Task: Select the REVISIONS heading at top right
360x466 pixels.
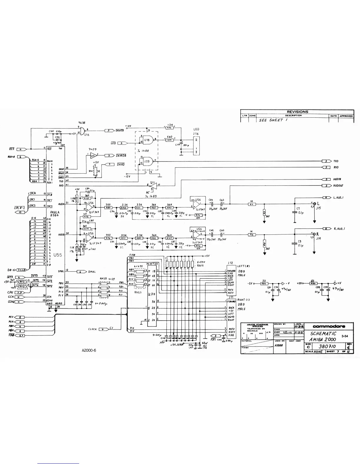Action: point(297,112)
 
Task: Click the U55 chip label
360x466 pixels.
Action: point(58,255)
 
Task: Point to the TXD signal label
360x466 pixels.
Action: point(336,161)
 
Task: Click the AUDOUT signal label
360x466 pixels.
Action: point(338,186)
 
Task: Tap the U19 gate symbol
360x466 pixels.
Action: point(147,161)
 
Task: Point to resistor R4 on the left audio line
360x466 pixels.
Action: point(251,204)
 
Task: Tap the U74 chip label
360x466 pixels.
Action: point(151,294)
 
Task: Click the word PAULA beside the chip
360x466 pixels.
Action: point(55,212)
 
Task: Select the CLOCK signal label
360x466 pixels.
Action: point(92,329)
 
